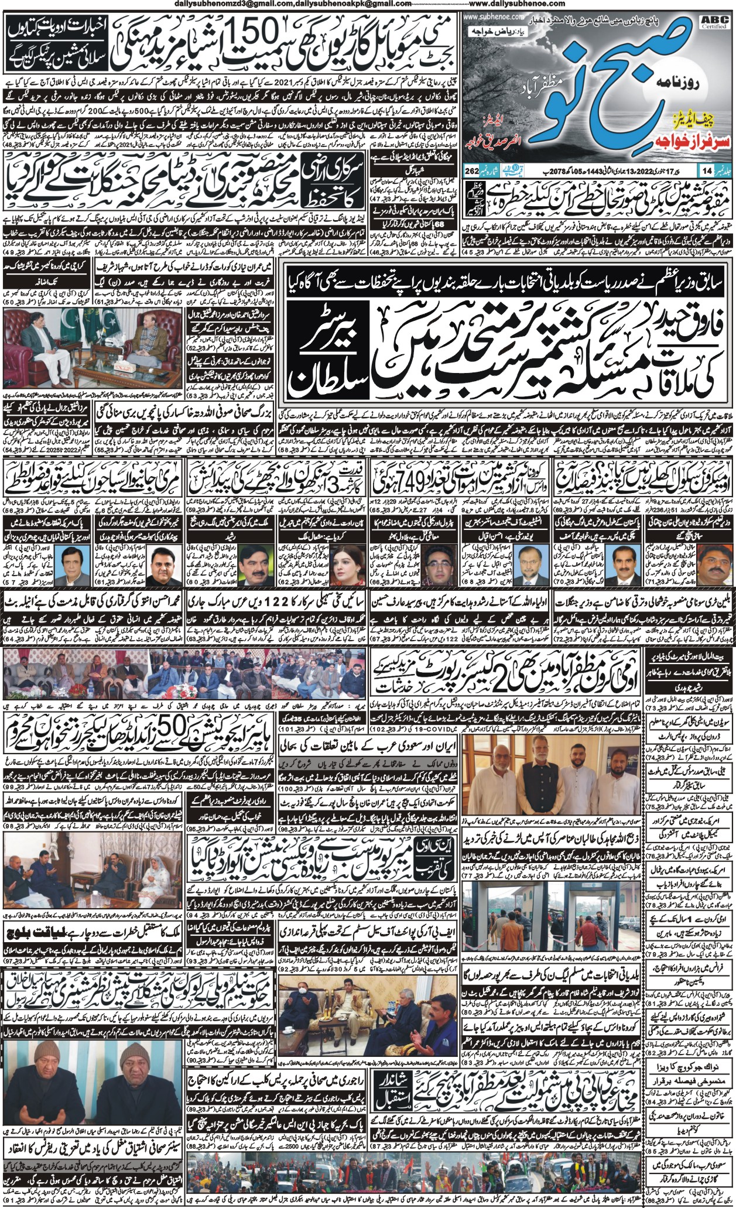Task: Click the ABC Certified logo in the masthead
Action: click(x=715, y=22)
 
